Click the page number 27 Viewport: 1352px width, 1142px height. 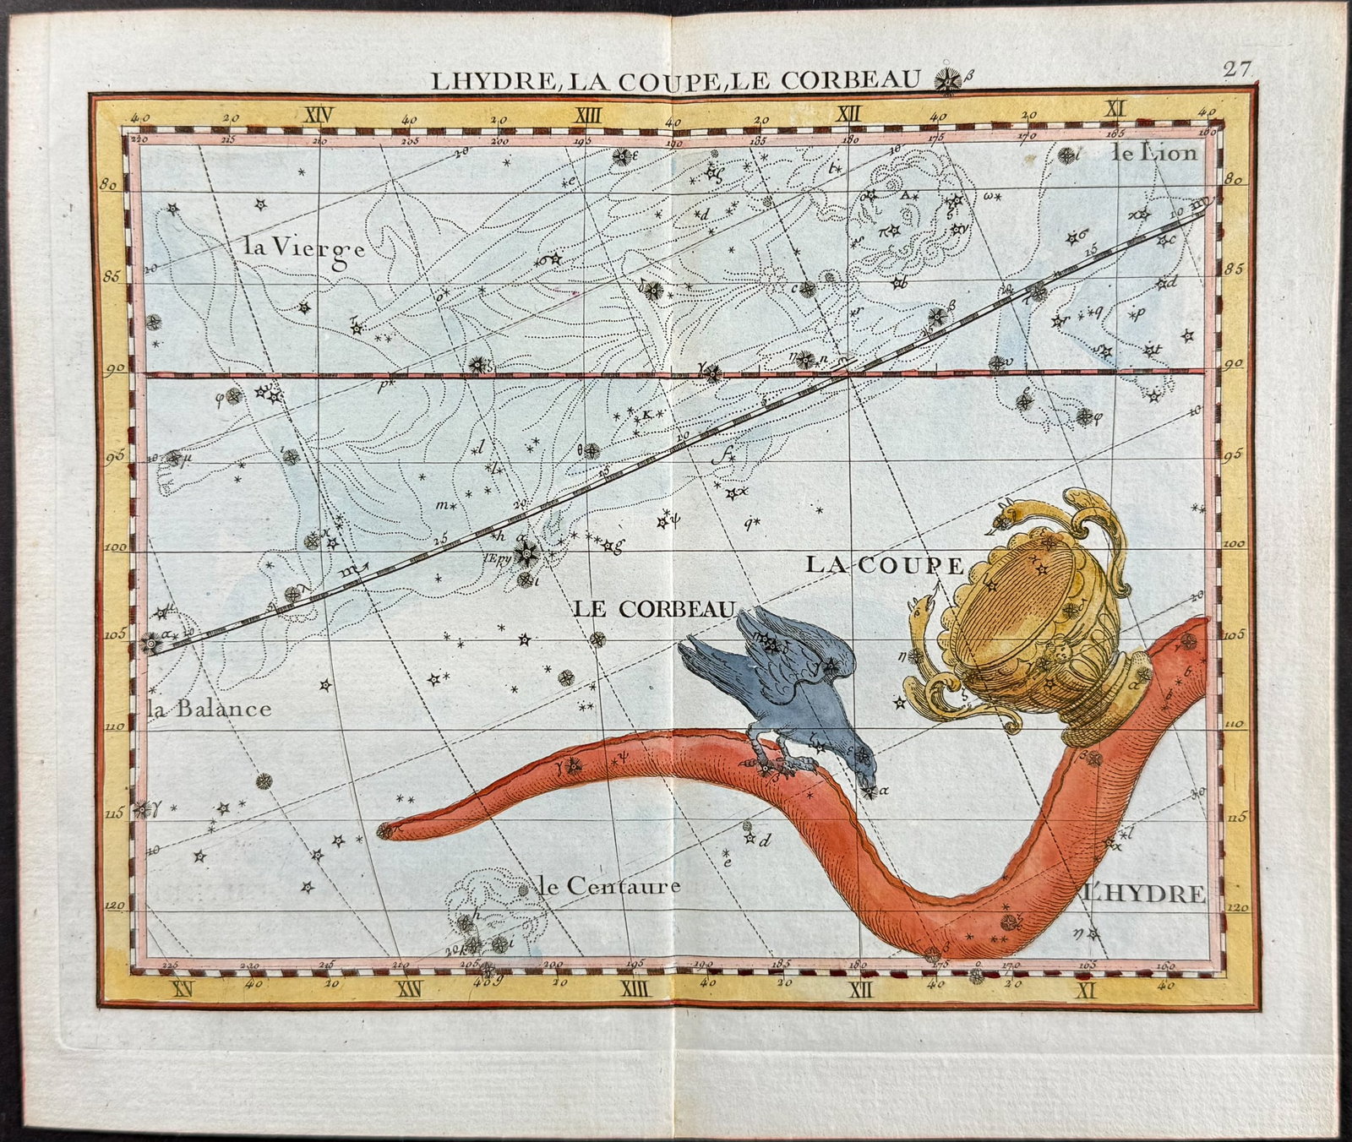point(1236,69)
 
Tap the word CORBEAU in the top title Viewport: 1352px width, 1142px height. point(852,80)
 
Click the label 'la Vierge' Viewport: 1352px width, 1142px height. point(303,248)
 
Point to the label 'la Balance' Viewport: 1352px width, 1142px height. point(210,709)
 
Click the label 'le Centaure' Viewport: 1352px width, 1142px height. point(608,886)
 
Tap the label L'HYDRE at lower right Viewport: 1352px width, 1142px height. point(1146,893)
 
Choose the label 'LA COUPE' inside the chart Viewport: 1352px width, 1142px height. point(884,564)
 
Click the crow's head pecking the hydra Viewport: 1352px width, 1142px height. point(863,767)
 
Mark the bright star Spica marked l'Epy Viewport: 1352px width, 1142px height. point(529,555)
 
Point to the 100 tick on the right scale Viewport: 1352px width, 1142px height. point(1233,545)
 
